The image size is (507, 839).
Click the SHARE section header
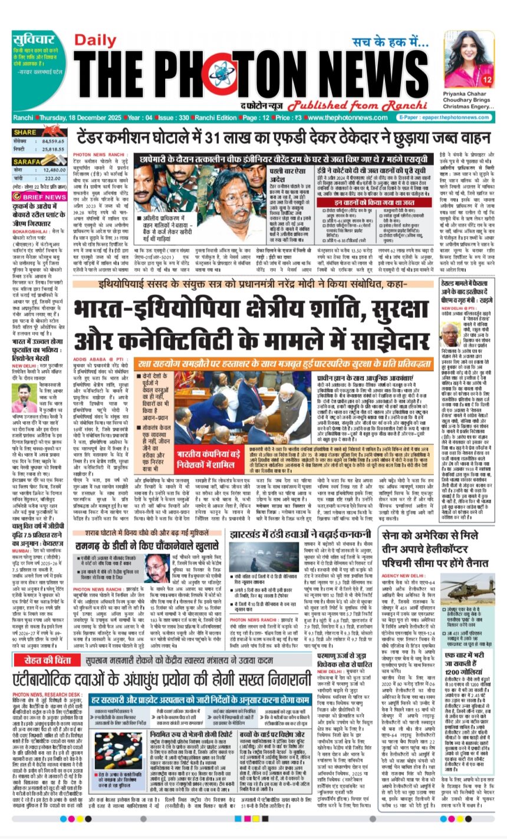tap(26, 132)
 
